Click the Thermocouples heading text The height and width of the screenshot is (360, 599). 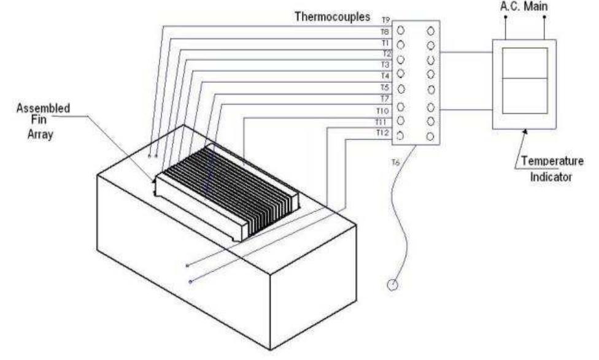pyautogui.click(x=332, y=17)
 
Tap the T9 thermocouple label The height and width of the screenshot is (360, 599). pyautogui.click(x=385, y=20)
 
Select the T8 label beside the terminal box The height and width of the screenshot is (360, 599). pyautogui.click(x=384, y=32)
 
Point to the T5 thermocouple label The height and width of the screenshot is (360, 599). pyautogui.click(x=384, y=88)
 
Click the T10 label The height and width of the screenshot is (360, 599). pyautogui.click(x=382, y=111)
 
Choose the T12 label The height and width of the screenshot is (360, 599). pyautogui.click(x=382, y=133)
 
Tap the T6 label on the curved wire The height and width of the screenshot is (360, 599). pyautogui.click(x=395, y=163)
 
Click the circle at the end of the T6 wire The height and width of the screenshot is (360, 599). pyautogui.click(x=392, y=285)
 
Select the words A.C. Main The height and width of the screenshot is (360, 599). pyautogui.click(x=524, y=6)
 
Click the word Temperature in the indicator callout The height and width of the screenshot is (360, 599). pyautogui.click(x=552, y=161)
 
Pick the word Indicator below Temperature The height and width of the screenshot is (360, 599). pyautogui.click(x=551, y=177)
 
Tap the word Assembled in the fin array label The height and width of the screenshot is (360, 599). pyautogui.click(x=43, y=108)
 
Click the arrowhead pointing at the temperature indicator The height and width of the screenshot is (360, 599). pyautogui.click(x=525, y=132)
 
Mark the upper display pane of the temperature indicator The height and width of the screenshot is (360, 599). pyautogui.click(x=525, y=63)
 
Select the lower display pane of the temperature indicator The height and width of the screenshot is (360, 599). pyautogui.click(x=525, y=96)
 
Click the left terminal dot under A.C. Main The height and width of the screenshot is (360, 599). pyautogui.click(x=506, y=17)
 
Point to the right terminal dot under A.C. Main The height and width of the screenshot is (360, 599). pyautogui.click(x=544, y=17)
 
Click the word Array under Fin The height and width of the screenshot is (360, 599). pyautogui.click(x=40, y=134)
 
